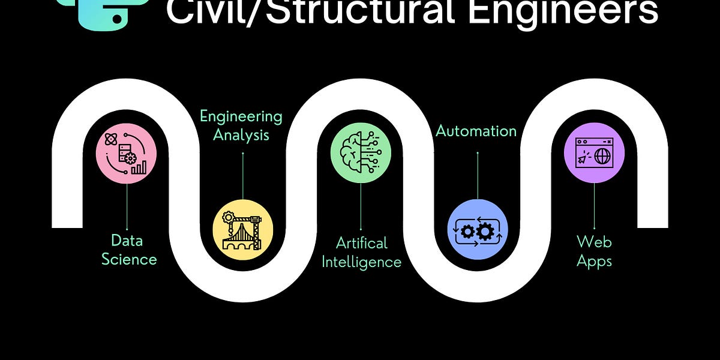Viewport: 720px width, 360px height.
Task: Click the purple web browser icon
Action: [x=594, y=153]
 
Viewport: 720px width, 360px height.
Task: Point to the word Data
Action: [x=126, y=241]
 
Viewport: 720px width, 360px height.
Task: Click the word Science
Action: [x=129, y=259]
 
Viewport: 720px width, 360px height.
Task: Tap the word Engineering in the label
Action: [x=241, y=116]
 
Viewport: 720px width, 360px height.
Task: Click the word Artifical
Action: [x=362, y=243]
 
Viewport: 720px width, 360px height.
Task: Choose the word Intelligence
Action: [x=361, y=262]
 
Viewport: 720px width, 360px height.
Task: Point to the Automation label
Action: [x=476, y=131]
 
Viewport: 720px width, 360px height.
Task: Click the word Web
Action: [x=594, y=242]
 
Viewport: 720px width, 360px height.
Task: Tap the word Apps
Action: [x=594, y=261]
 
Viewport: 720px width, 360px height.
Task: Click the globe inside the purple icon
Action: [x=603, y=157]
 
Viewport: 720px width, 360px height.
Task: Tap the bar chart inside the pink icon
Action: [x=139, y=167]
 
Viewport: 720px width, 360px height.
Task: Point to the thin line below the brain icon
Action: [x=361, y=207]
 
